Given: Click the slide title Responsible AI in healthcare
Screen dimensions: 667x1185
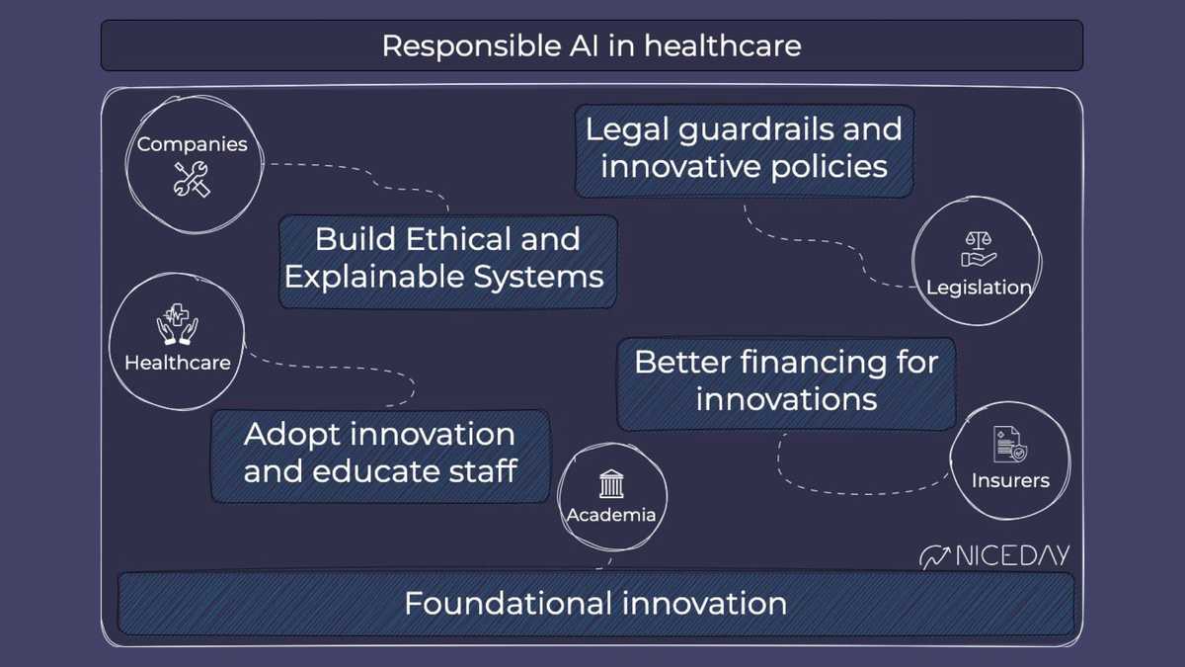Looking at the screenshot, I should point(592,45).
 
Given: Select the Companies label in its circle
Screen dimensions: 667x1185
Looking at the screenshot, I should point(192,144).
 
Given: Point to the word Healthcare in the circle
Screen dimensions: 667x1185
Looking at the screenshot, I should point(178,363).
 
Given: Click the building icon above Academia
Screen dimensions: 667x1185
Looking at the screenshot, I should point(611,484).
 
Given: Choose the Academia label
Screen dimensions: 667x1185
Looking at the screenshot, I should point(611,514).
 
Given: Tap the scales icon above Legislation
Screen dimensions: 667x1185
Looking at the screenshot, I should point(978,250).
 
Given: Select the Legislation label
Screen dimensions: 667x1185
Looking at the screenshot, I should point(978,288).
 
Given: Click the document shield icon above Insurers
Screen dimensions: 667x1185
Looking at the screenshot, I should point(1010,444).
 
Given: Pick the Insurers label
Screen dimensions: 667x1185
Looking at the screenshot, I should point(1010,481).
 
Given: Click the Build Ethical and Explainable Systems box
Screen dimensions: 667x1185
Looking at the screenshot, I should point(447,258).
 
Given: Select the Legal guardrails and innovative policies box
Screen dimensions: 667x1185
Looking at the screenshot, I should point(744,148).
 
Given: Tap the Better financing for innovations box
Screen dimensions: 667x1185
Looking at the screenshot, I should point(786,380).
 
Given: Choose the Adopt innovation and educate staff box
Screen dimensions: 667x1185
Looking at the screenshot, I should point(380,453).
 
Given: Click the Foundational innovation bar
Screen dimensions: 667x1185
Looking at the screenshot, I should point(595,603).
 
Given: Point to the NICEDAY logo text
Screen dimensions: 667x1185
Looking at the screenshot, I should point(1012,555).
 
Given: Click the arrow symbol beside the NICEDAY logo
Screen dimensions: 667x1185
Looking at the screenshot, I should point(934,557).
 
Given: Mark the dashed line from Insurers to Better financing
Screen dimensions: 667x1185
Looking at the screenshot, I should point(849,488).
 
